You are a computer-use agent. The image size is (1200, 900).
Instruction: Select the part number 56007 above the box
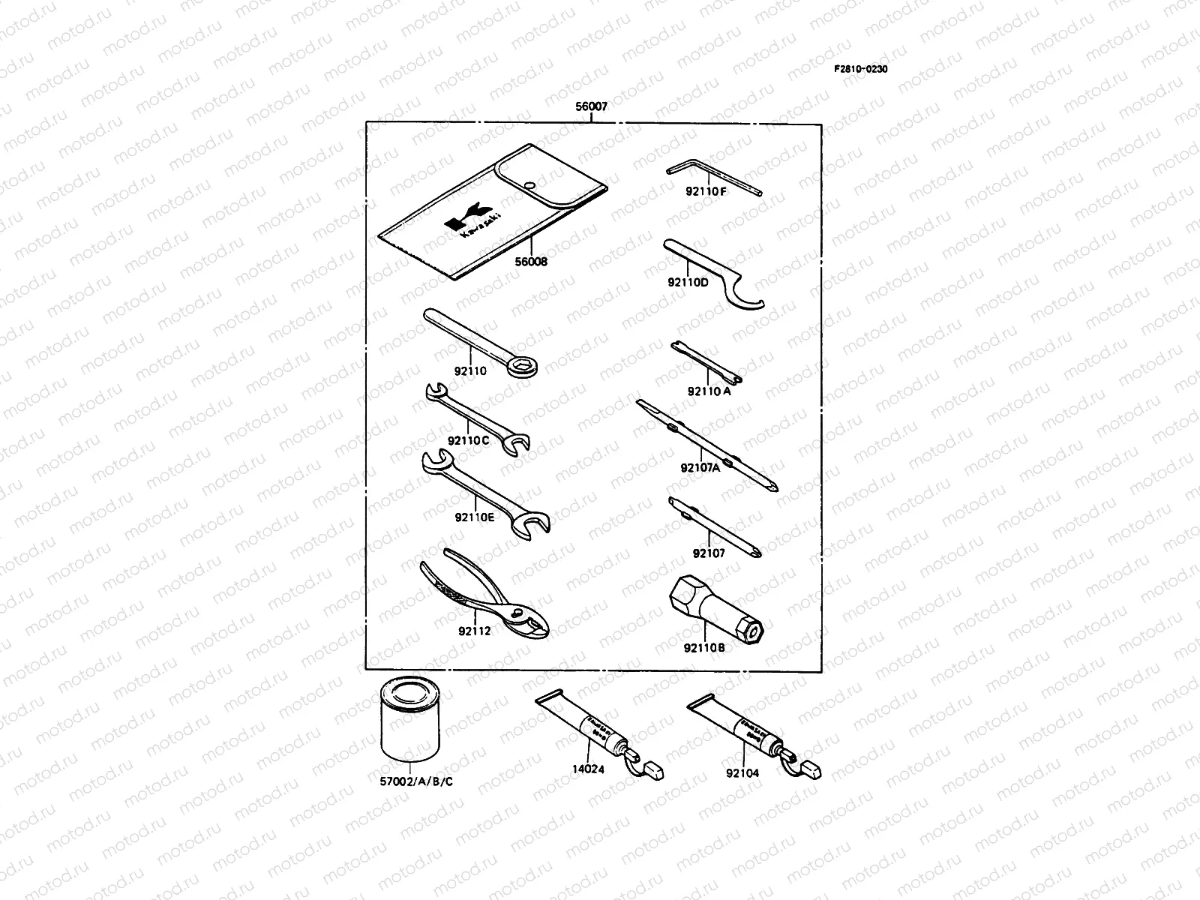tap(591, 107)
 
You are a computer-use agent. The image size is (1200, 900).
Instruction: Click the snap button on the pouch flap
tap(529, 184)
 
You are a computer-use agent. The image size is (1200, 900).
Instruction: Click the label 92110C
tap(468, 440)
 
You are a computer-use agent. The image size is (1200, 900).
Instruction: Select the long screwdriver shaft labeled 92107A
tap(705, 445)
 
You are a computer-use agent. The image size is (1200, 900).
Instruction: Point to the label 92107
tap(709, 553)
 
